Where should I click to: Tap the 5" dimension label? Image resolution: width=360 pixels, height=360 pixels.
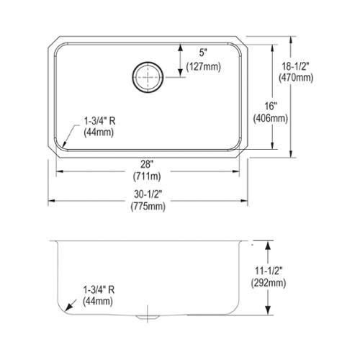coord(203,53)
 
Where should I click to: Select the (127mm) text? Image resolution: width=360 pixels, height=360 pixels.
coord(204,67)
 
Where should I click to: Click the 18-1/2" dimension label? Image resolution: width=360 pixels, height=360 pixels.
coord(296,66)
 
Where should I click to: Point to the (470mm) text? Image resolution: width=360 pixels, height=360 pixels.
coord(296,78)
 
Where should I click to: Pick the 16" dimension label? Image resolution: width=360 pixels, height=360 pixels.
coord(271,106)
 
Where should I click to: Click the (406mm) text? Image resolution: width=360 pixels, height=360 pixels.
coord(271,118)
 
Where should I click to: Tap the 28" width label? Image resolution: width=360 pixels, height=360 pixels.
coord(147,164)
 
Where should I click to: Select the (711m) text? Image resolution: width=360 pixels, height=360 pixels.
coord(147,176)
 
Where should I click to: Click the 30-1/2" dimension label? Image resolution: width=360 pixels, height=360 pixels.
coord(148,194)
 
